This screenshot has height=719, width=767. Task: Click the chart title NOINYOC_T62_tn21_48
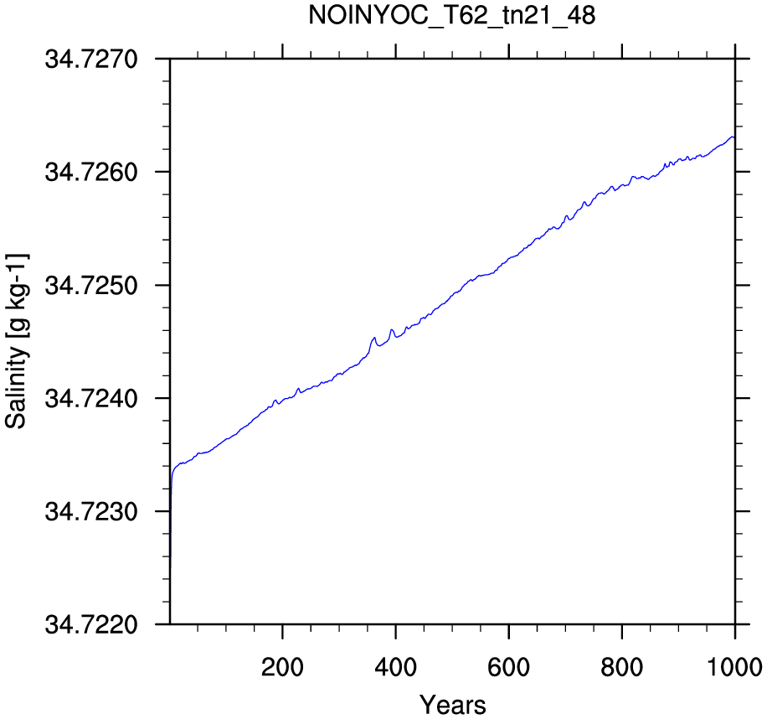coord(452,16)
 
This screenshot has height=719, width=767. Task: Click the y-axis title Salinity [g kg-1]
coord(17,341)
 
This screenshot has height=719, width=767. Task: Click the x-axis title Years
coord(452,705)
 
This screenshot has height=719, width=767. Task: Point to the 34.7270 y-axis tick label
coord(91,59)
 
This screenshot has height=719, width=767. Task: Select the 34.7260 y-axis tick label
coord(91,173)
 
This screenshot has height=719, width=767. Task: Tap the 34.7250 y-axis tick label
coord(91,286)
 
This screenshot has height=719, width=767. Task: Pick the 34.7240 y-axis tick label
coord(91,398)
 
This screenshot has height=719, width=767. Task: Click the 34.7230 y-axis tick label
coord(91,511)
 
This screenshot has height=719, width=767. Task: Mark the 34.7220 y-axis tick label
coord(91,624)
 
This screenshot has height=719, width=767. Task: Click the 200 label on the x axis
coord(282,667)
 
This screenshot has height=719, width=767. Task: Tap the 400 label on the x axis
coord(395,667)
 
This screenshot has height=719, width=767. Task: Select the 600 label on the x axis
coord(509,667)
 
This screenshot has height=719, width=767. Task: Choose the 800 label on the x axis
coord(621,667)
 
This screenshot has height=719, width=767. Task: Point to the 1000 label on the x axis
coord(734,667)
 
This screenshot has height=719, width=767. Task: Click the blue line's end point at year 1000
coord(734,137)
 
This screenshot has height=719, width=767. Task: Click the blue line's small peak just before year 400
coord(391,329)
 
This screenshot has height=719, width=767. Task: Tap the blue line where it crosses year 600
coord(509,258)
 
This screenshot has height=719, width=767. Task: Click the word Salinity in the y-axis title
coord(17,388)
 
